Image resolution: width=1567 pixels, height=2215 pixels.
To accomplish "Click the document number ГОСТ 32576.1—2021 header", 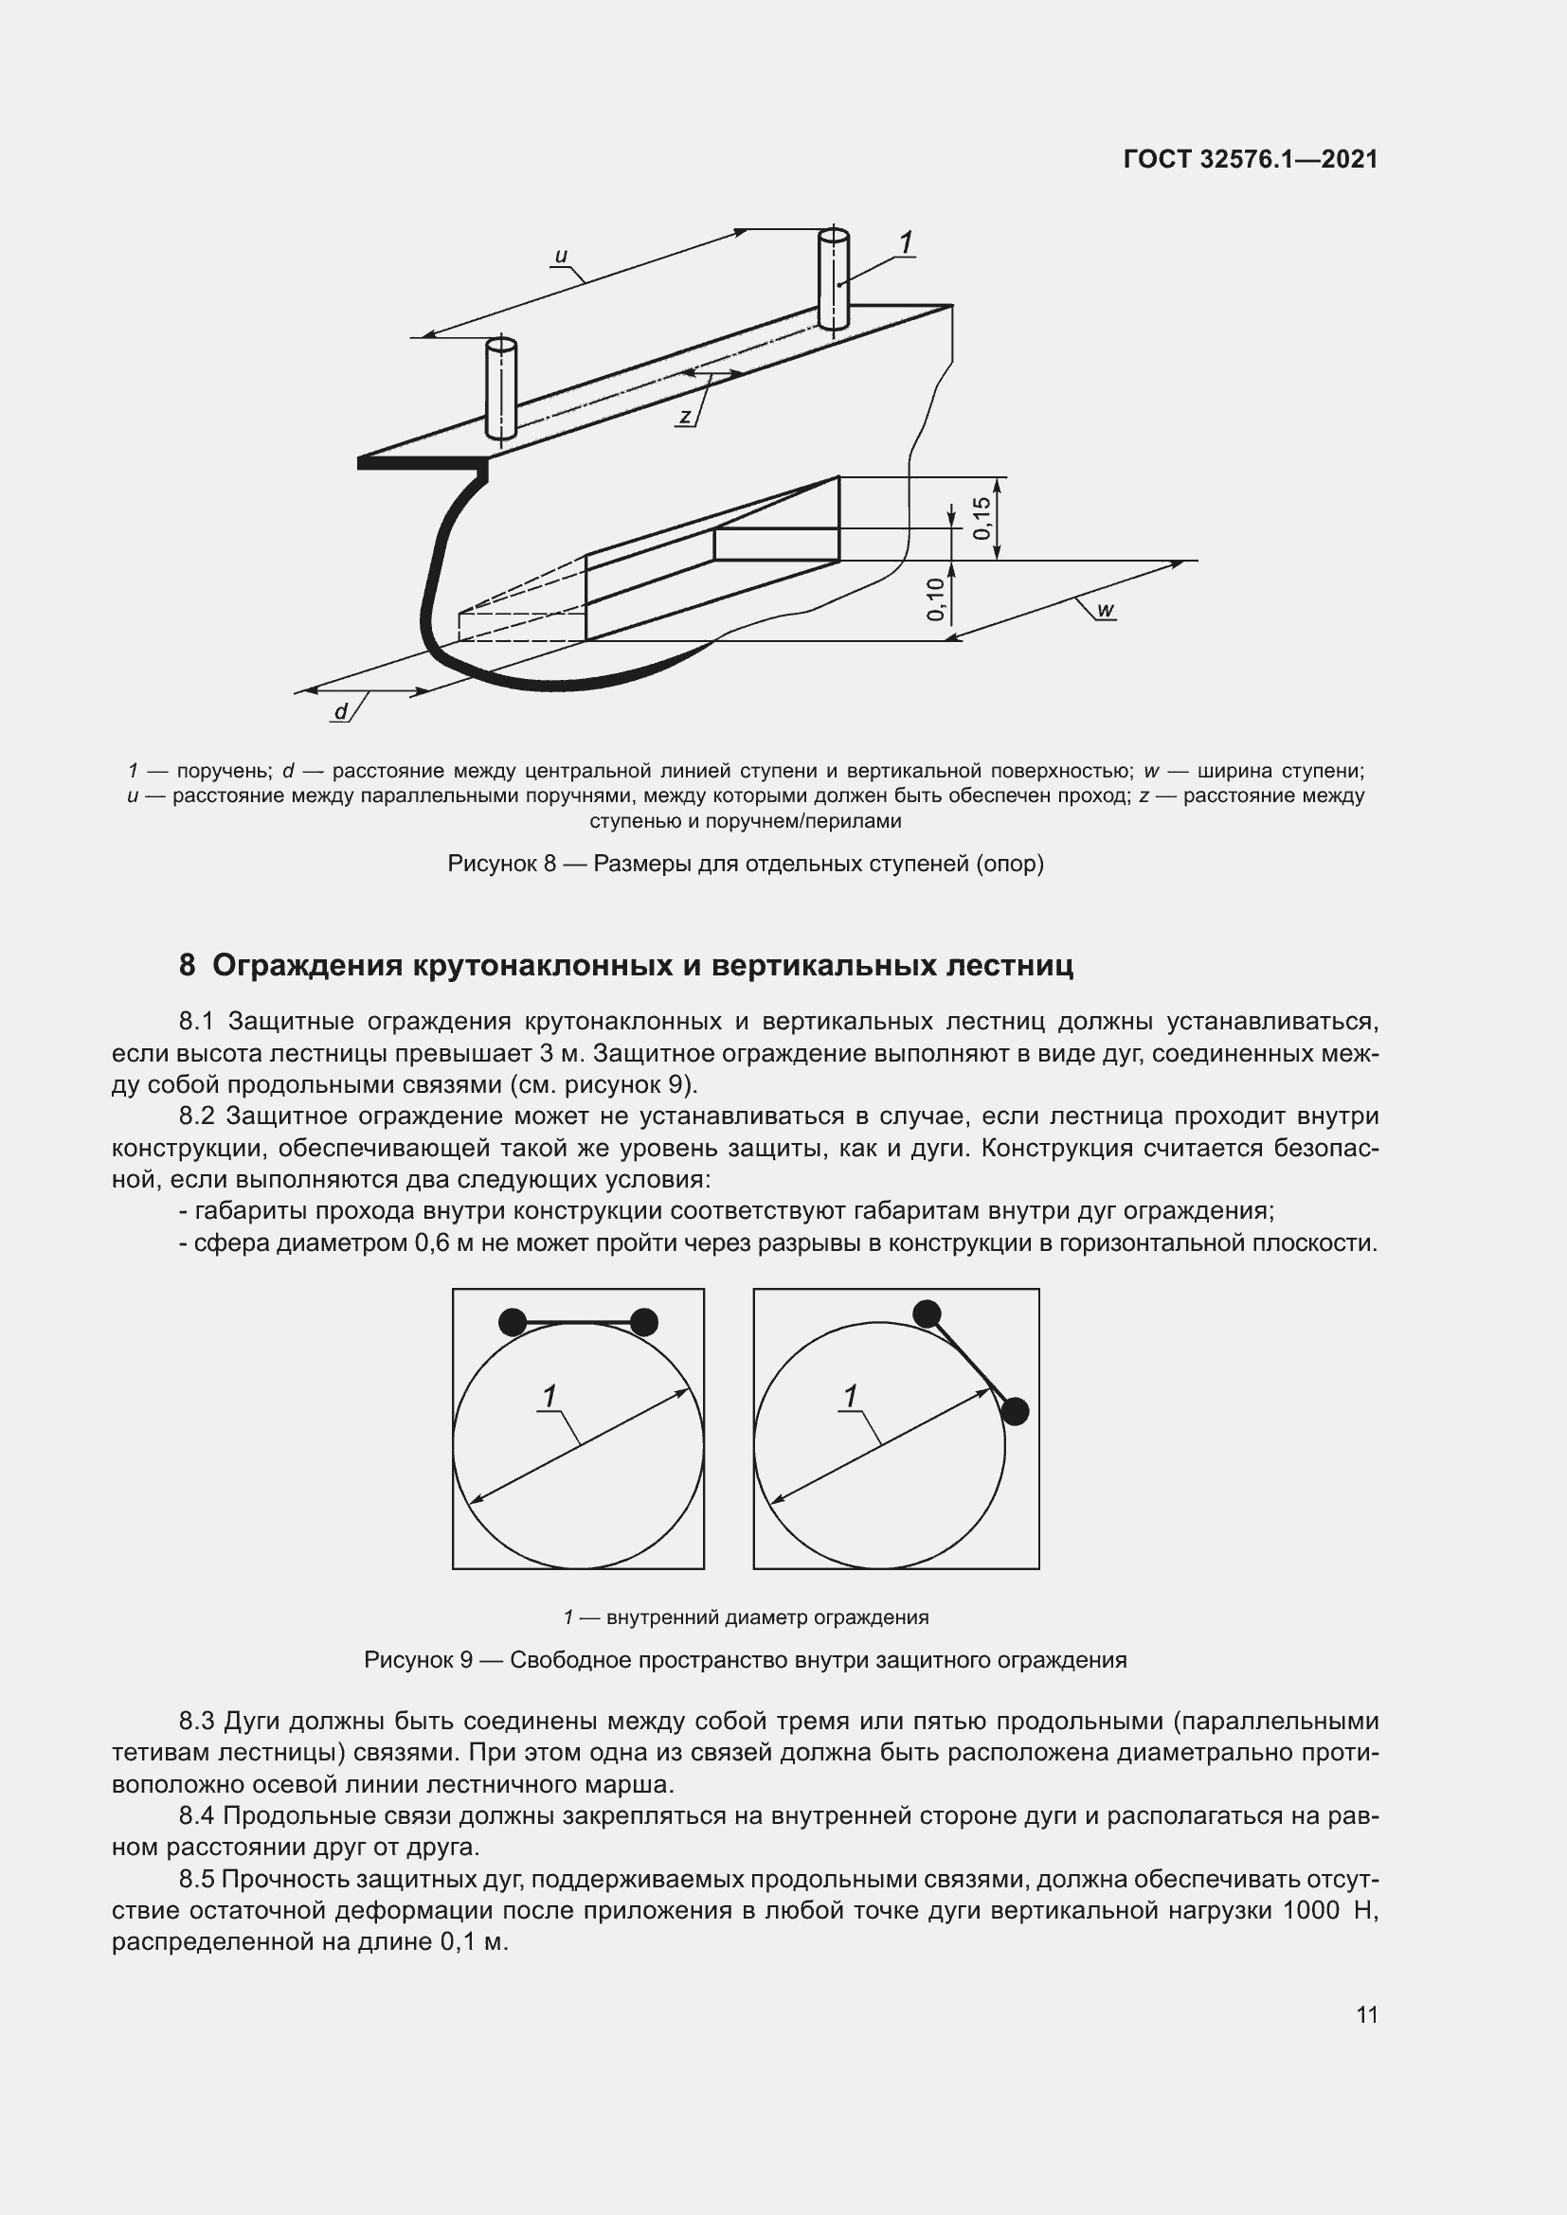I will coord(1251,159).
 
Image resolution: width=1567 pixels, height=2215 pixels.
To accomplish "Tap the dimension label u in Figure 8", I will coord(561,257).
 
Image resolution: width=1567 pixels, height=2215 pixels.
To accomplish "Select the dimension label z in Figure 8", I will coord(684,417).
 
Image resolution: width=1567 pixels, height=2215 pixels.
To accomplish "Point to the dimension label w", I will coord(1106,610).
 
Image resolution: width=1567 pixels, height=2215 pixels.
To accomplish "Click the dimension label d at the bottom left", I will coord(341,712).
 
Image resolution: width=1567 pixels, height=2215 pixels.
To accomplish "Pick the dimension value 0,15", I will coord(982,518).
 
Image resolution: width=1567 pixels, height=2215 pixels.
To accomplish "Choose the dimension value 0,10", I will coord(935,599).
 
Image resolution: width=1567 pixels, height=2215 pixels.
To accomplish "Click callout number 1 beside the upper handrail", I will coord(905,243).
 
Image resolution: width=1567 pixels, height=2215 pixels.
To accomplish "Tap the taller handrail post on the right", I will coord(833,279).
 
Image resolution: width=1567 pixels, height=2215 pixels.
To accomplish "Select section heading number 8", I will coord(188,966).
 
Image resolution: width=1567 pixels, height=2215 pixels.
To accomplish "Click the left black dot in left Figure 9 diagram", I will coord(513,1322).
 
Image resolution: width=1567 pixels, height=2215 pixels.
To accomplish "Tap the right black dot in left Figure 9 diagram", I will coord(643,1322).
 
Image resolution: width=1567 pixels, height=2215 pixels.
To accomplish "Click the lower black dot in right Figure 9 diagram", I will coord(1014,1411).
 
